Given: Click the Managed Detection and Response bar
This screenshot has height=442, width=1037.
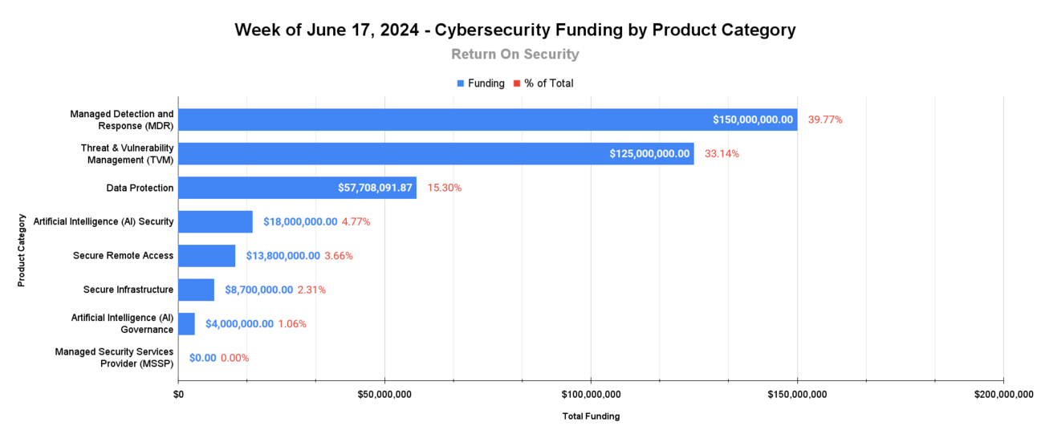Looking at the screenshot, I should pyautogui.click(x=482, y=120).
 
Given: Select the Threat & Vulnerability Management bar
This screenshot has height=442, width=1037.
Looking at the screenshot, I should pyautogui.click(x=433, y=153).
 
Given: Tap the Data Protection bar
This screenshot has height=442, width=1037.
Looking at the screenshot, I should pyautogui.click(x=297, y=188).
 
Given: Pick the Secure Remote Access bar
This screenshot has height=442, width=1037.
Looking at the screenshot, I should pyautogui.click(x=206, y=256).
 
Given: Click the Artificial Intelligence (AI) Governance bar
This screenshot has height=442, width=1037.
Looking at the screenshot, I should pyautogui.click(x=186, y=324).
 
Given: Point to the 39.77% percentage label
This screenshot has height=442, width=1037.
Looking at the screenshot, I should pyautogui.click(x=825, y=120).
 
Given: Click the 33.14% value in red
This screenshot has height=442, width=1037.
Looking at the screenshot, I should pyautogui.click(x=722, y=153).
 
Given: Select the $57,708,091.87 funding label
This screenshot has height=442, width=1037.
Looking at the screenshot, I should pyautogui.click(x=375, y=188).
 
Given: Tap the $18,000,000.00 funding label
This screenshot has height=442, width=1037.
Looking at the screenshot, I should pyautogui.click(x=300, y=221).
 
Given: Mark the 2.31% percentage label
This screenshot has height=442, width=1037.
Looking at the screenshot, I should pyautogui.click(x=311, y=290).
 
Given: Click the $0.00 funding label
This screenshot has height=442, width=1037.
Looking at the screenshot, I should pyautogui.click(x=202, y=358).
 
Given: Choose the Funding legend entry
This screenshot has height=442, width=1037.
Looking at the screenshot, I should pyautogui.click(x=481, y=83).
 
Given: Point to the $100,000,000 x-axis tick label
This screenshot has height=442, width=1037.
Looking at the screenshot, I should pyautogui.click(x=591, y=394).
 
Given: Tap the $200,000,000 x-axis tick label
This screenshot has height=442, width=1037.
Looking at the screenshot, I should pyautogui.click(x=1003, y=394).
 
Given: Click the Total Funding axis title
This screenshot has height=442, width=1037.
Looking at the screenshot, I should pyautogui.click(x=591, y=416).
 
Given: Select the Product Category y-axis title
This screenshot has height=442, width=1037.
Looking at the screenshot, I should pyautogui.click(x=22, y=249).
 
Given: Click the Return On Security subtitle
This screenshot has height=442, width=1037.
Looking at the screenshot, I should pyautogui.click(x=514, y=55).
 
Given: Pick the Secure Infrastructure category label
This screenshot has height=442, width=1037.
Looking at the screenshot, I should pyautogui.click(x=128, y=290).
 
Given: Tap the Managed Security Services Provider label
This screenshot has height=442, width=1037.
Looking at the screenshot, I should pyautogui.click(x=114, y=358).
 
